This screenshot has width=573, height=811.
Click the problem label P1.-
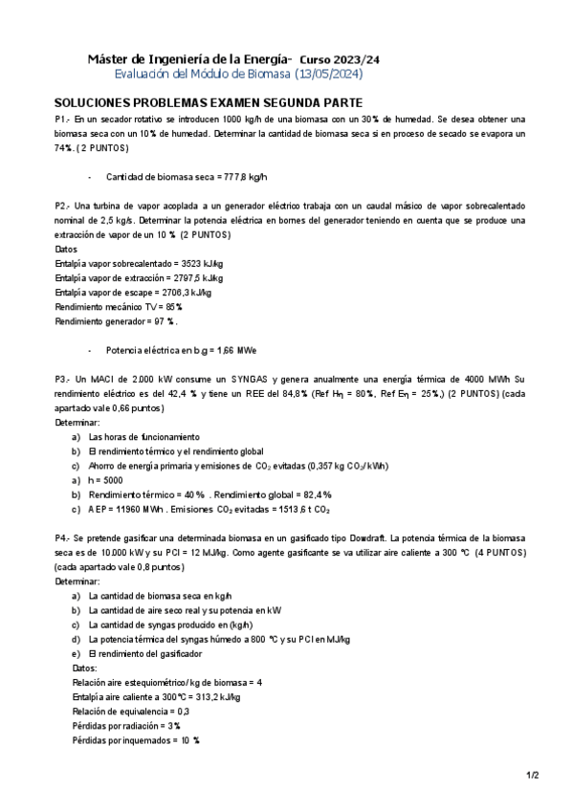(x=62, y=119)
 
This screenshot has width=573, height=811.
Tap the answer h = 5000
(x=105, y=479)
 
